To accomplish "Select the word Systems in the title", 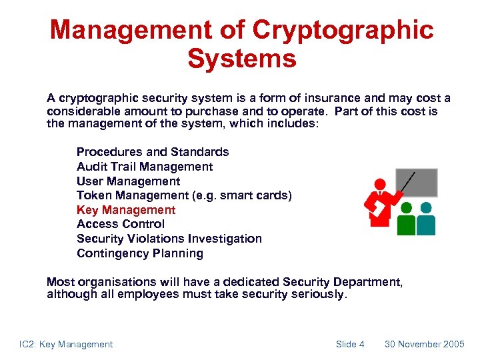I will (x=241, y=59).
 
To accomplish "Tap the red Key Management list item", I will (x=126, y=210).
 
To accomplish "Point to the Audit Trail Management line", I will (x=145, y=167).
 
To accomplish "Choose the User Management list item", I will (x=128, y=181).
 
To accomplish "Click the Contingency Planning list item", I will (x=140, y=253).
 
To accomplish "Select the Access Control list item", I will (x=121, y=224).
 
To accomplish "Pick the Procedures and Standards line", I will (x=153, y=152).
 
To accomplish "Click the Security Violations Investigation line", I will (x=169, y=239).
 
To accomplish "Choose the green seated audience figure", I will (x=406, y=221).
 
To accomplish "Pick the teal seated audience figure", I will (x=426, y=221).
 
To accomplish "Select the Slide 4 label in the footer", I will (x=350, y=345).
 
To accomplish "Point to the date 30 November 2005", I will (x=425, y=345).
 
